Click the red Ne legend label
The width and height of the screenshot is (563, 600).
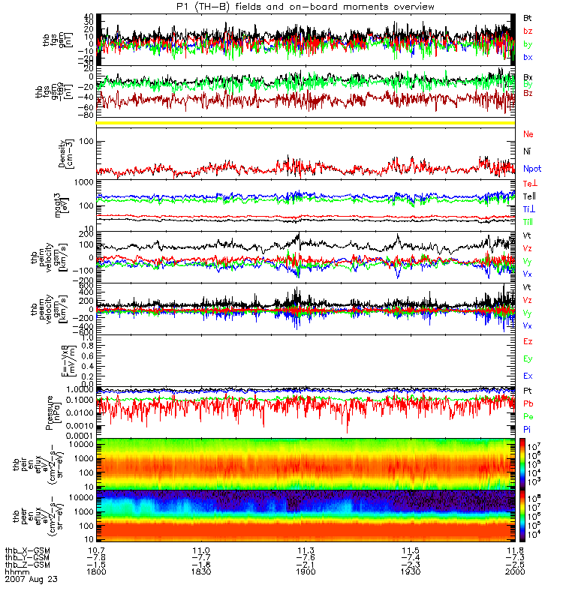(528, 133)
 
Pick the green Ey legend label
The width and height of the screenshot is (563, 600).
(528, 358)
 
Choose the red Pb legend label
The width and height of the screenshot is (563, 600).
(528, 404)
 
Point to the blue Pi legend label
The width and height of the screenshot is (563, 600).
(528, 429)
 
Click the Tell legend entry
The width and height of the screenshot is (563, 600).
(528, 196)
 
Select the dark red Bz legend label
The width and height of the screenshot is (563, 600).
(528, 93)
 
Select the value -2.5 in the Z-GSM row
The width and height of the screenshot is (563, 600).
(512, 565)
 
